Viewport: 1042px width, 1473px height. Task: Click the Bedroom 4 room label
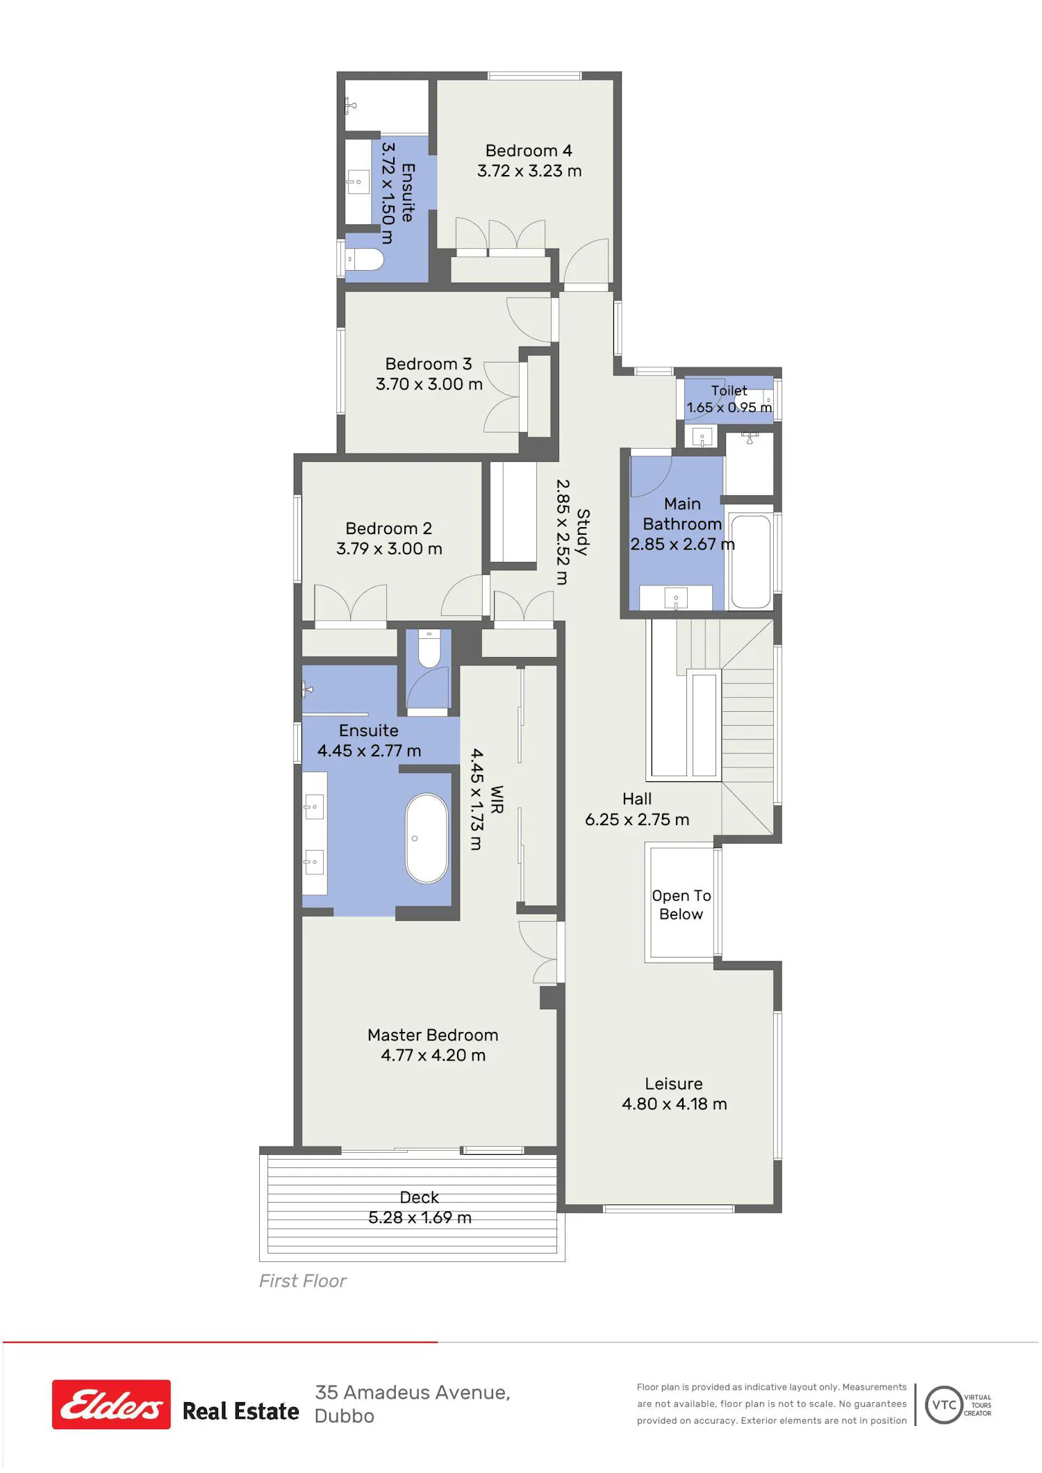(x=529, y=151)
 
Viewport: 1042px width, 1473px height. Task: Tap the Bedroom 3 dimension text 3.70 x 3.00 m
(x=429, y=384)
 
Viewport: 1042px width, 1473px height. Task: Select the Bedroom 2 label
(x=388, y=529)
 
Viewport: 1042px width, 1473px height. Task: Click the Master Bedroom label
(x=433, y=1035)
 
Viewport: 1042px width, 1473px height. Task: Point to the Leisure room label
(x=674, y=1083)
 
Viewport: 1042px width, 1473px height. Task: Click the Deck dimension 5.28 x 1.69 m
(x=420, y=1217)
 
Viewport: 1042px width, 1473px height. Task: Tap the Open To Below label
(x=681, y=905)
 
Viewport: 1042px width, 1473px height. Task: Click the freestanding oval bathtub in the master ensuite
(x=427, y=838)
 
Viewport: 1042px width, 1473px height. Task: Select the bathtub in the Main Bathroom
(x=751, y=561)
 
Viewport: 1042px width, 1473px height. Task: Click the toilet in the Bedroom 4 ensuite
(x=365, y=260)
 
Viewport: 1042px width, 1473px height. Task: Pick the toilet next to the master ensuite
(x=429, y=648)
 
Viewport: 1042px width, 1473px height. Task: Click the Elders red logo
(x=111, y=1404)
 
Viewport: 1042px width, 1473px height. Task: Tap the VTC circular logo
(x=944, y=1404)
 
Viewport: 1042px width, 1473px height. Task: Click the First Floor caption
(x=302, y=1281)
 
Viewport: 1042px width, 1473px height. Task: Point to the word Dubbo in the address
(x=345, y=1416)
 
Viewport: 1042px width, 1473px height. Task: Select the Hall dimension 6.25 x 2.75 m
(x=637, y=819)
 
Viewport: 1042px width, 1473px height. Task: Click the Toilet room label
(x=729, y=391)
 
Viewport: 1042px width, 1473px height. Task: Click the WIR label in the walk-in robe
(x=497, y=799)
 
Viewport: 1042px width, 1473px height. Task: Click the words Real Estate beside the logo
(x=240, y=1411)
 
